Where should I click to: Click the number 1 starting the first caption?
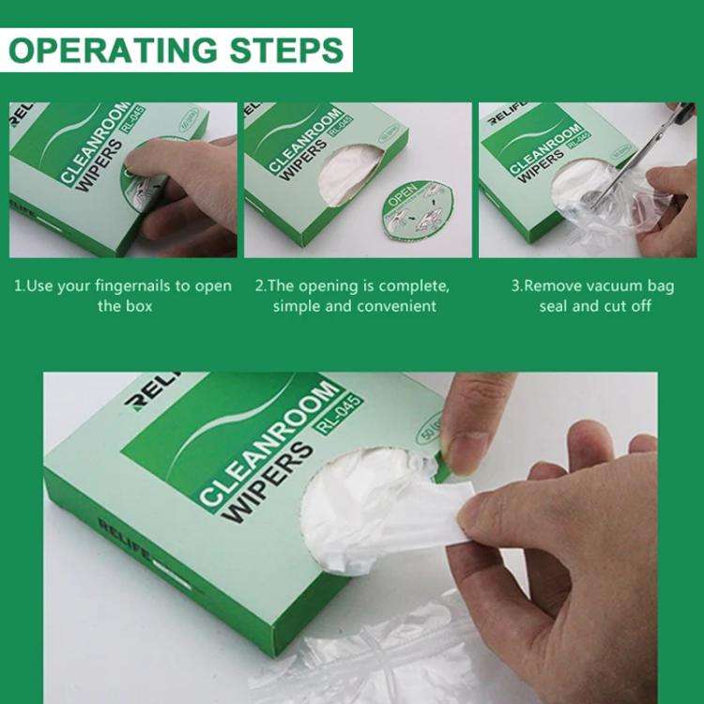(17, 285)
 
